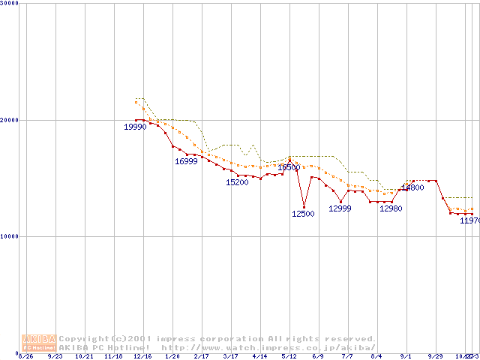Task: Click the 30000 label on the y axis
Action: click(9, 4)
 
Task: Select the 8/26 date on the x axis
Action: click(26, 356)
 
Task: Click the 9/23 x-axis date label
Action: click(55, 356)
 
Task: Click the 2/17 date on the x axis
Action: click(200, 356)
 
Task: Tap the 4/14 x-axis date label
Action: click(259, 356)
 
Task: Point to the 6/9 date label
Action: click(318, 356)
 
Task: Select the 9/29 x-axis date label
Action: click(436, 356)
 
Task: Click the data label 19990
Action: click(135, 127)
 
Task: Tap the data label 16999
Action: click(186, 161)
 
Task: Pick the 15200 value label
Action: click(237, 182)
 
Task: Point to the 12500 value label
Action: click(303, 214)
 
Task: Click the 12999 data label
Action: click(340, 208)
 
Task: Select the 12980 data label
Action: click(391, 208)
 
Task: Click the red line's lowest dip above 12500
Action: click(304, 207)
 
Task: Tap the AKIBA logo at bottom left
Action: click(40, 343)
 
